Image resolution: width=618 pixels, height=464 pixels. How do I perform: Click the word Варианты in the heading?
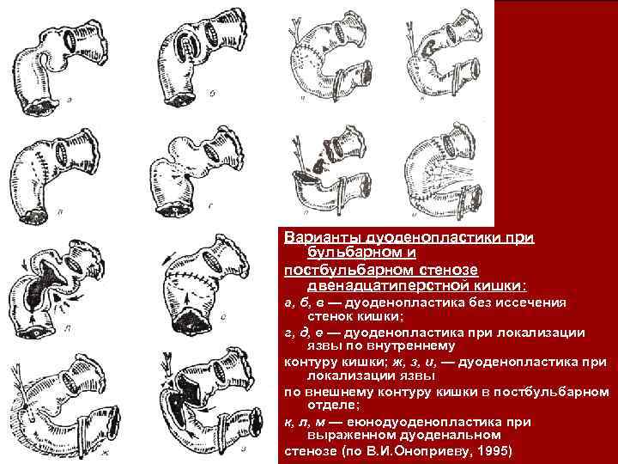[312, 235]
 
